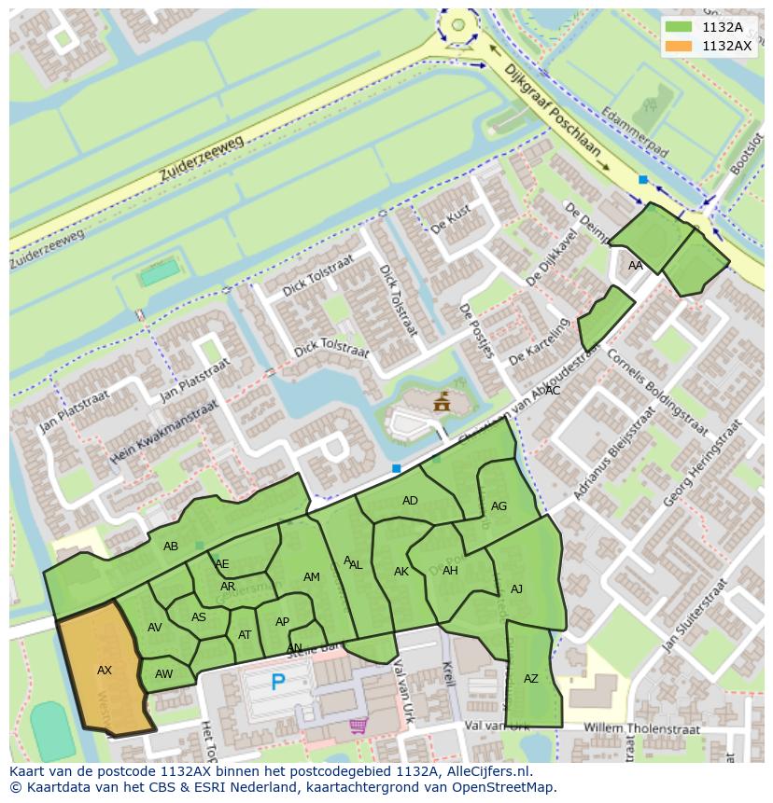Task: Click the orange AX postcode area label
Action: click(x=105, y=670)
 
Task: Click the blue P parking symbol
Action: click(x=277, y=683)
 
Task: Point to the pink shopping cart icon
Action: click(x=358, y=725)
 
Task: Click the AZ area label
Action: click(x=530, y=679)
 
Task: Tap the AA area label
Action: click(x=636, y=266)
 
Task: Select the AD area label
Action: click(x=410, y=501)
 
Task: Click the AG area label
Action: click(x=499, y=506)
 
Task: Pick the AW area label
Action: click(x=164, y=674)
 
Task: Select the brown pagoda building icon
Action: click(x=441, y=402)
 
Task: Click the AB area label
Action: click(x=171, y=547)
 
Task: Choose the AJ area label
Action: click(x=516, y=589)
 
